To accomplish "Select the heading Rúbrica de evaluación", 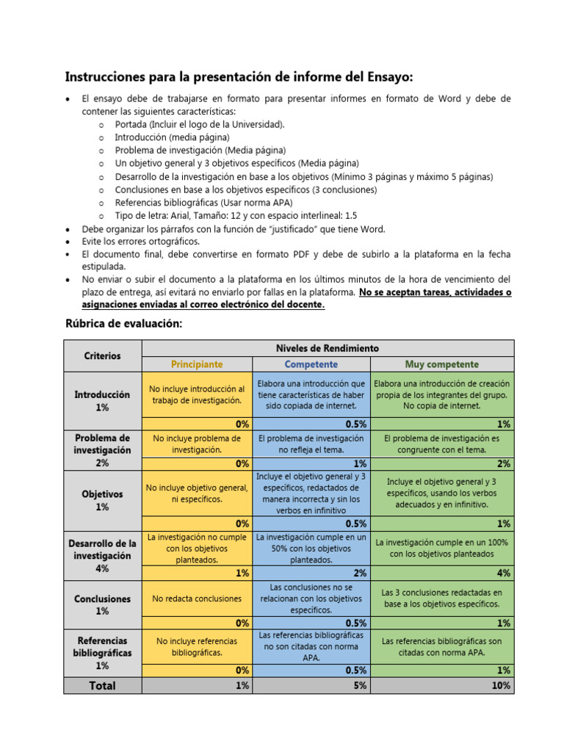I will [x=123, y=324].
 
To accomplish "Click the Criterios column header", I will [x=102, y=355].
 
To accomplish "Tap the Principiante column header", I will [x=197, y=364].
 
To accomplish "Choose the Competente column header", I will [x=311, y=364].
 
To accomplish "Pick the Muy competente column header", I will [x=441, y=364].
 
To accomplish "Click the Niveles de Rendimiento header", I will [x=327, y=347].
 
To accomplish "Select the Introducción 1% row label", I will [x=102, y=400].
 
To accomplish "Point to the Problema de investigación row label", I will [x=102, y=450].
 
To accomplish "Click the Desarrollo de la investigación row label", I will [x=102, y=556].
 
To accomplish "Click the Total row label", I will [x=102, y=685].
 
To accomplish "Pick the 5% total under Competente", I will [x=360, y=685].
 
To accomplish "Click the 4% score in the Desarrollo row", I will [x=504, y=573].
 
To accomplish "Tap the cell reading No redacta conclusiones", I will [x=197, y=599].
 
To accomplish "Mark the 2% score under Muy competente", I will [x=504, y=463].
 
